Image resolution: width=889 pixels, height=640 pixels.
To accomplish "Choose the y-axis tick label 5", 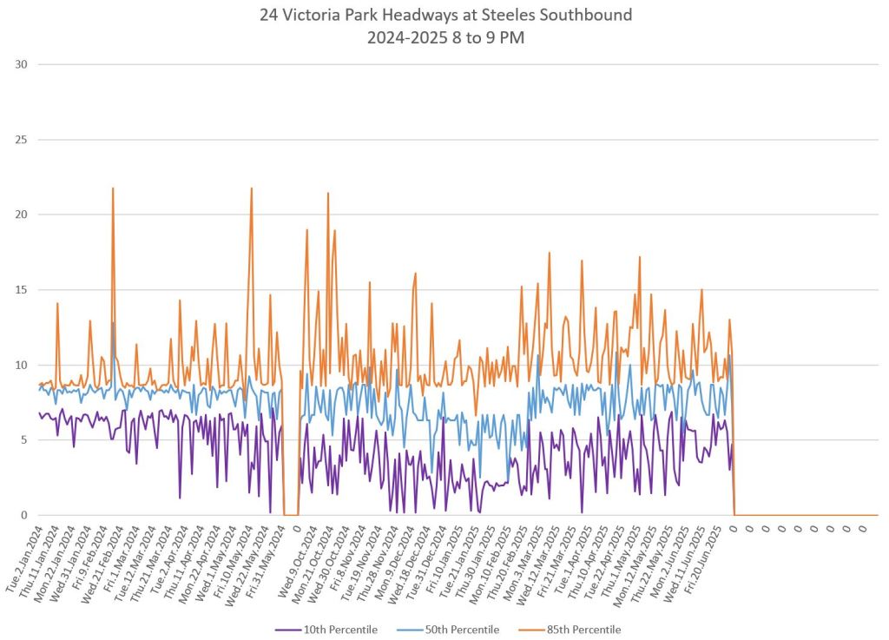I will click(23, 440).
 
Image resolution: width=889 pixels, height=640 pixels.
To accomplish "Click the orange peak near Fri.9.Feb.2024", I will click(113, 188).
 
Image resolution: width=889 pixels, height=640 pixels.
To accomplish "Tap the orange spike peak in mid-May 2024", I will click(252, 188).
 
